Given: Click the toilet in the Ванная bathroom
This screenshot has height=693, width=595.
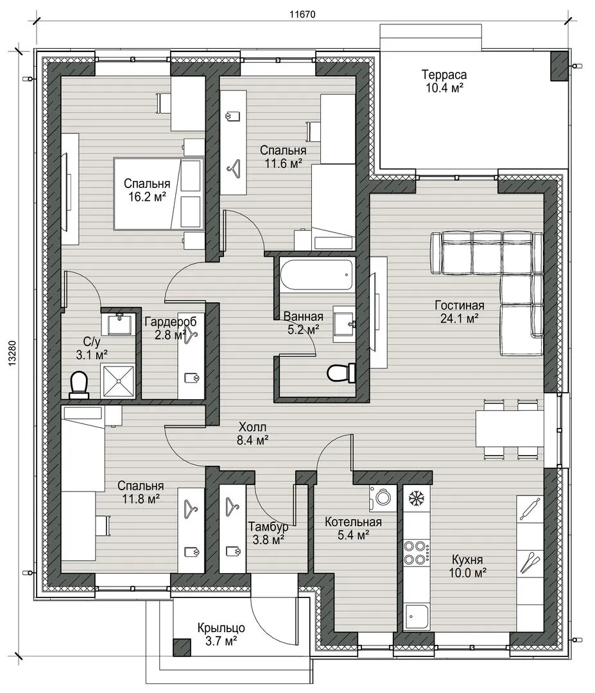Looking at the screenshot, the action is [x=341, y=373].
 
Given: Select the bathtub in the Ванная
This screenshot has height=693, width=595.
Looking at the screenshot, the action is [x=316, y=275].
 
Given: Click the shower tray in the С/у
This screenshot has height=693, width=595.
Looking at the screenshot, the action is [x=118, y=381].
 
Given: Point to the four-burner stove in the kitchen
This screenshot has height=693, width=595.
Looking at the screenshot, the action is [x=417, y=552].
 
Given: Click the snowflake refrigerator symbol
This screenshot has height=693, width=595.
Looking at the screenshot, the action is [x=417, y=498].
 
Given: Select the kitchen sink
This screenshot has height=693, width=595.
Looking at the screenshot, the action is [x=416, y=617].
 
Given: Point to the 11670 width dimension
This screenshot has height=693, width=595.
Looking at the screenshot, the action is [x=302, y=14].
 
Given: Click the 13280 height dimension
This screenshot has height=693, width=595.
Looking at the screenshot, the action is [x=12, y=352].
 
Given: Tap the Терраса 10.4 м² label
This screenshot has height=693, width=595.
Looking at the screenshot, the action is [x=444, y=81].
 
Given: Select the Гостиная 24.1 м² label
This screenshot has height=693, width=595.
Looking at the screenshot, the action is [x=460, y=312].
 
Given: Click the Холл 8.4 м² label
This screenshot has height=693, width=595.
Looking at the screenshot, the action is [x=252, y=434].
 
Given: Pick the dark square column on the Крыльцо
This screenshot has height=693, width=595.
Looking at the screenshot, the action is [x=182, y=647].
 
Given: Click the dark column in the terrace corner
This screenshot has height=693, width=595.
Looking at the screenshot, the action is [x=559, y=66].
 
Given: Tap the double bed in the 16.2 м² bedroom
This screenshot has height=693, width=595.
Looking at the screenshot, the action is [x=159, y=194].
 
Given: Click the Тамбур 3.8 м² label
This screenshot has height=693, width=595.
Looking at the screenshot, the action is [x=268, y=533].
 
